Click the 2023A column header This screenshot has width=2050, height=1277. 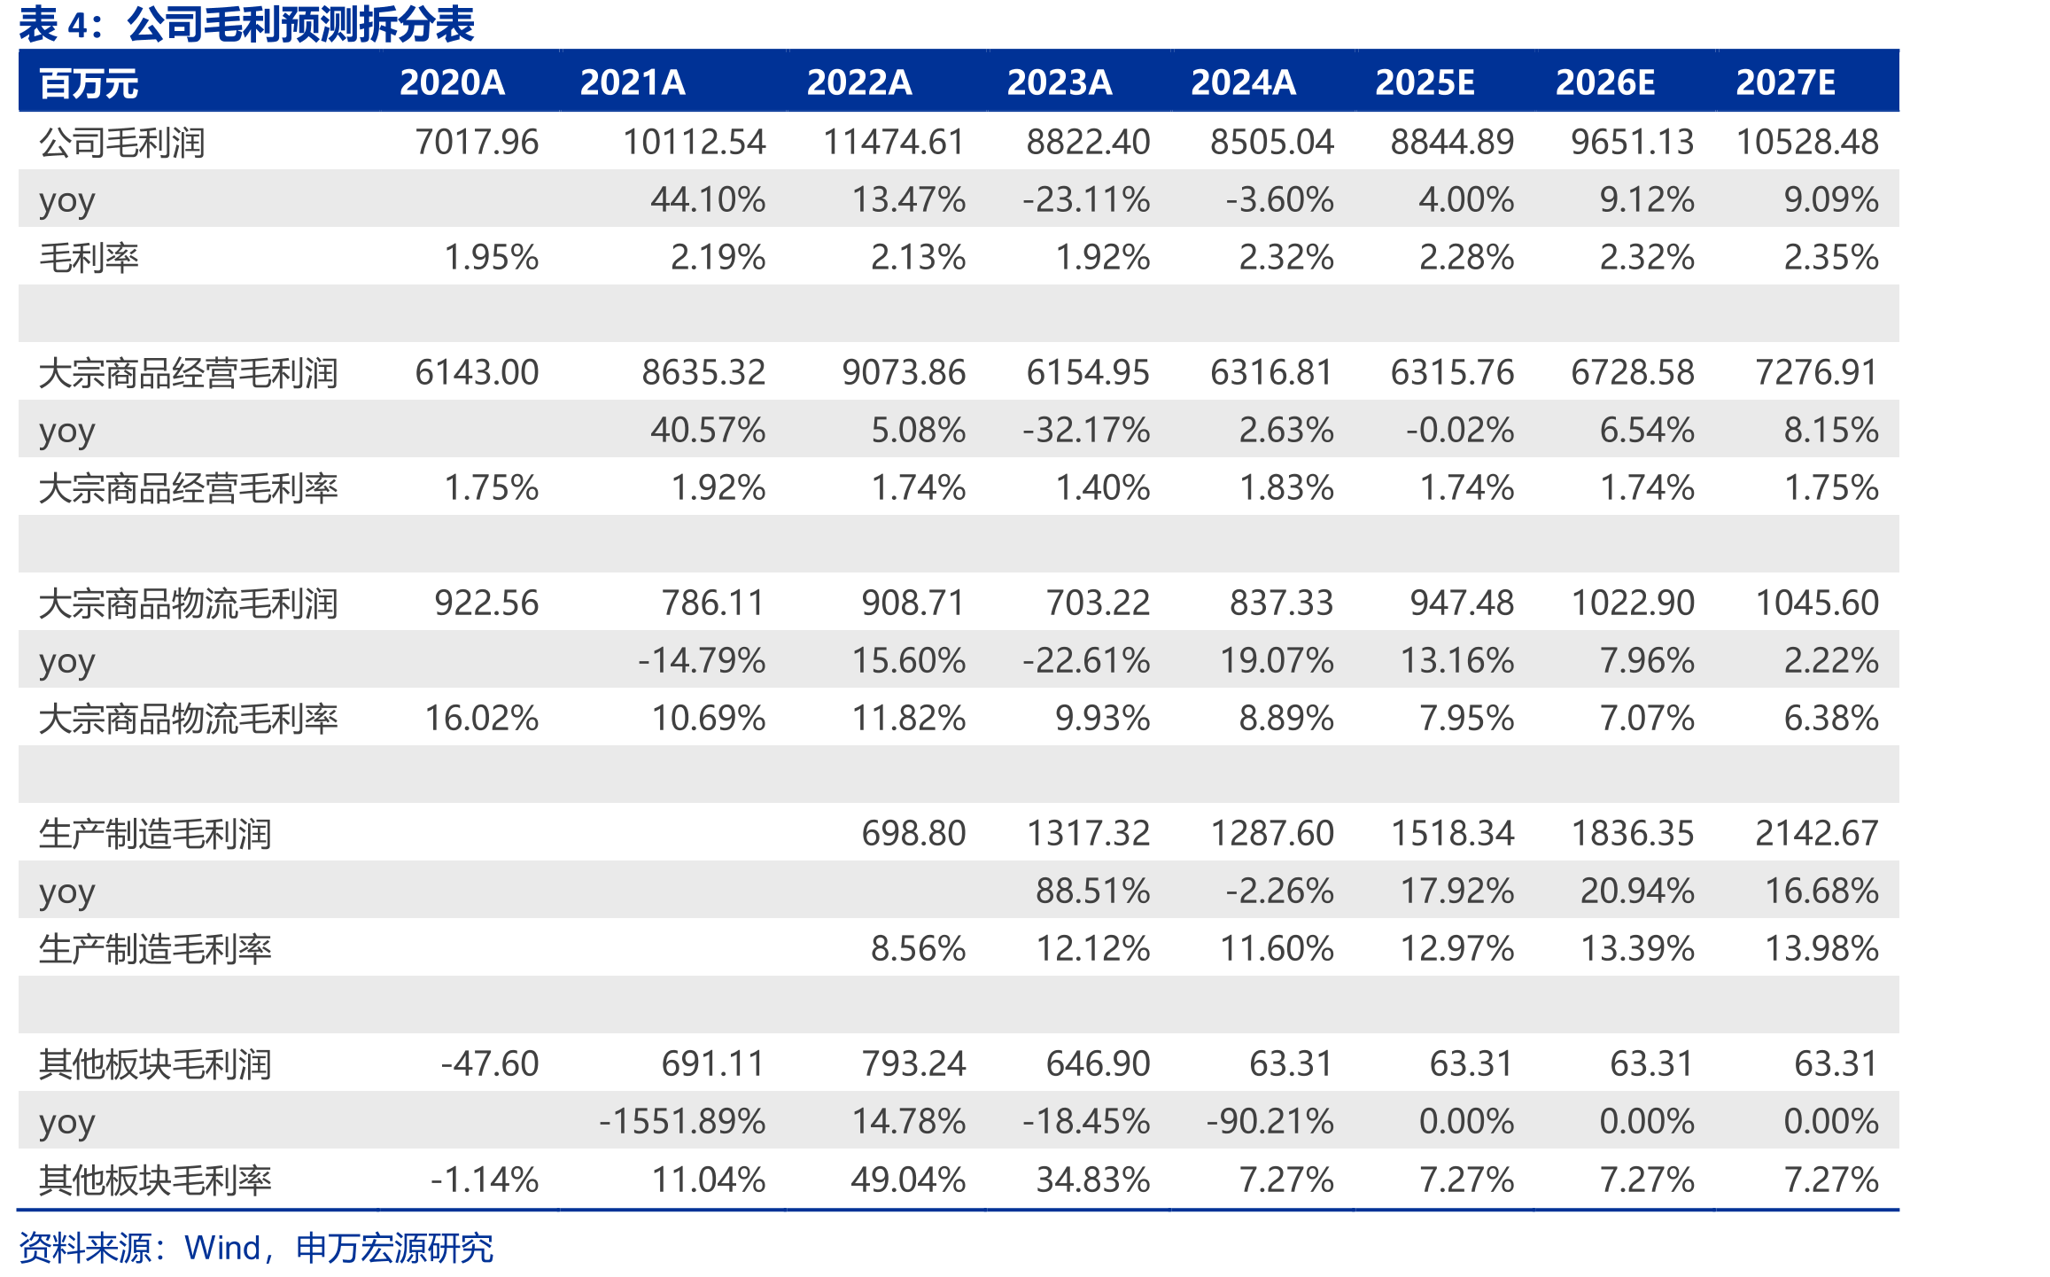tap(1060, 82)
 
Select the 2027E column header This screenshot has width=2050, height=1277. tap(1785, 82)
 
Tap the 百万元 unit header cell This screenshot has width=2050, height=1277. tap(89, 84)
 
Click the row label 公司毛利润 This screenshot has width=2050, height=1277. tap(122, 142)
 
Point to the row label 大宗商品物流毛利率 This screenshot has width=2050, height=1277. tap(189, 719)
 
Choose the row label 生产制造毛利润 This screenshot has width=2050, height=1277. tap(155, 834)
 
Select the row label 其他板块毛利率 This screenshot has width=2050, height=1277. tap(155, 1180)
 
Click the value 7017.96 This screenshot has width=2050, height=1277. tap(477, 142)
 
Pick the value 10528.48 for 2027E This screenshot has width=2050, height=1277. tap(1807, 142)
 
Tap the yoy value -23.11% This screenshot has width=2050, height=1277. tap(1086, 199)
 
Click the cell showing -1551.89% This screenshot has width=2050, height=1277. tap(682, 1121)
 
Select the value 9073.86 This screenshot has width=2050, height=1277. tap(904, 372)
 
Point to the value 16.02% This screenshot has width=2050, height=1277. tap(482, 718)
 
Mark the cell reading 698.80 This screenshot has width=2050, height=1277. tap(913, 833)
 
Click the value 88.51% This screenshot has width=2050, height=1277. tap(1093, 891)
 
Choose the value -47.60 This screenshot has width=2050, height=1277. tap(490, 1063)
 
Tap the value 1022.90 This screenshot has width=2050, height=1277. tap(1633, 603)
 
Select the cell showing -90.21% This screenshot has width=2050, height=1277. tap(1270, 1121)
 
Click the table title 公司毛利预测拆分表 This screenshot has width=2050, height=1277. tap(301, 24)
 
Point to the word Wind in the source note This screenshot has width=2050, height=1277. tap(222, 1248)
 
